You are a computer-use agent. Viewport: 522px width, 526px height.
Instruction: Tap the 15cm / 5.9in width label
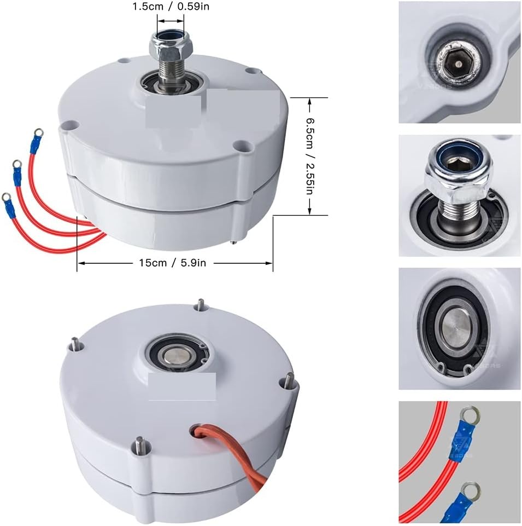pyautogui.click(x=171, y=263)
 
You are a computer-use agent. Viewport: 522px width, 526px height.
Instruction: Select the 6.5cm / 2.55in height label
pyautogui.click(x=309, y=156)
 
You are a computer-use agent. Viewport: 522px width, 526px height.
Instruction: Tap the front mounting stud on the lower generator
pyautogui.click(x=140, y=445)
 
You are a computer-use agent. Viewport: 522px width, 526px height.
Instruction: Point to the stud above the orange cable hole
pyautogui.click(x=288, y=380)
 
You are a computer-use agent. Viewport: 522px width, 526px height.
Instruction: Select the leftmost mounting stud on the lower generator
pyautogui.click(x=74, y=345)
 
